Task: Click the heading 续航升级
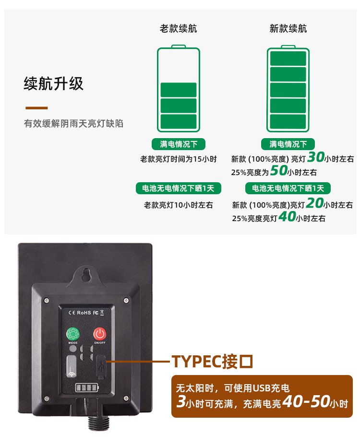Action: [x=53, y=84]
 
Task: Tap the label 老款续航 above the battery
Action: [x=178, y=29]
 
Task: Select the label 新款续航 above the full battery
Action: [x=288, y=29]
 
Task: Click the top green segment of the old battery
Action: [x=179, y=90]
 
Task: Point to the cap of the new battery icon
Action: [x=288, y=46]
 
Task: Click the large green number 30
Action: [x=315, y=157]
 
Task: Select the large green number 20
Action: [x=314, y=203]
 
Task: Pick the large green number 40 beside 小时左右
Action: [x=287, y=217]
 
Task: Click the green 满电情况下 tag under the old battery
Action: [x=179, y=144]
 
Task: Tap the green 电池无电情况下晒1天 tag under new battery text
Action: [x=288, y=188]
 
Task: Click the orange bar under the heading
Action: [x=36, y=108]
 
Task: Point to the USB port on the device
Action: [x=101, y=365]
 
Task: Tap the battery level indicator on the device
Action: [x=84, y=387]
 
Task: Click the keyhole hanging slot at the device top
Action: [x=86, y=274]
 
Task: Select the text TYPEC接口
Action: [x=212, y=361]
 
